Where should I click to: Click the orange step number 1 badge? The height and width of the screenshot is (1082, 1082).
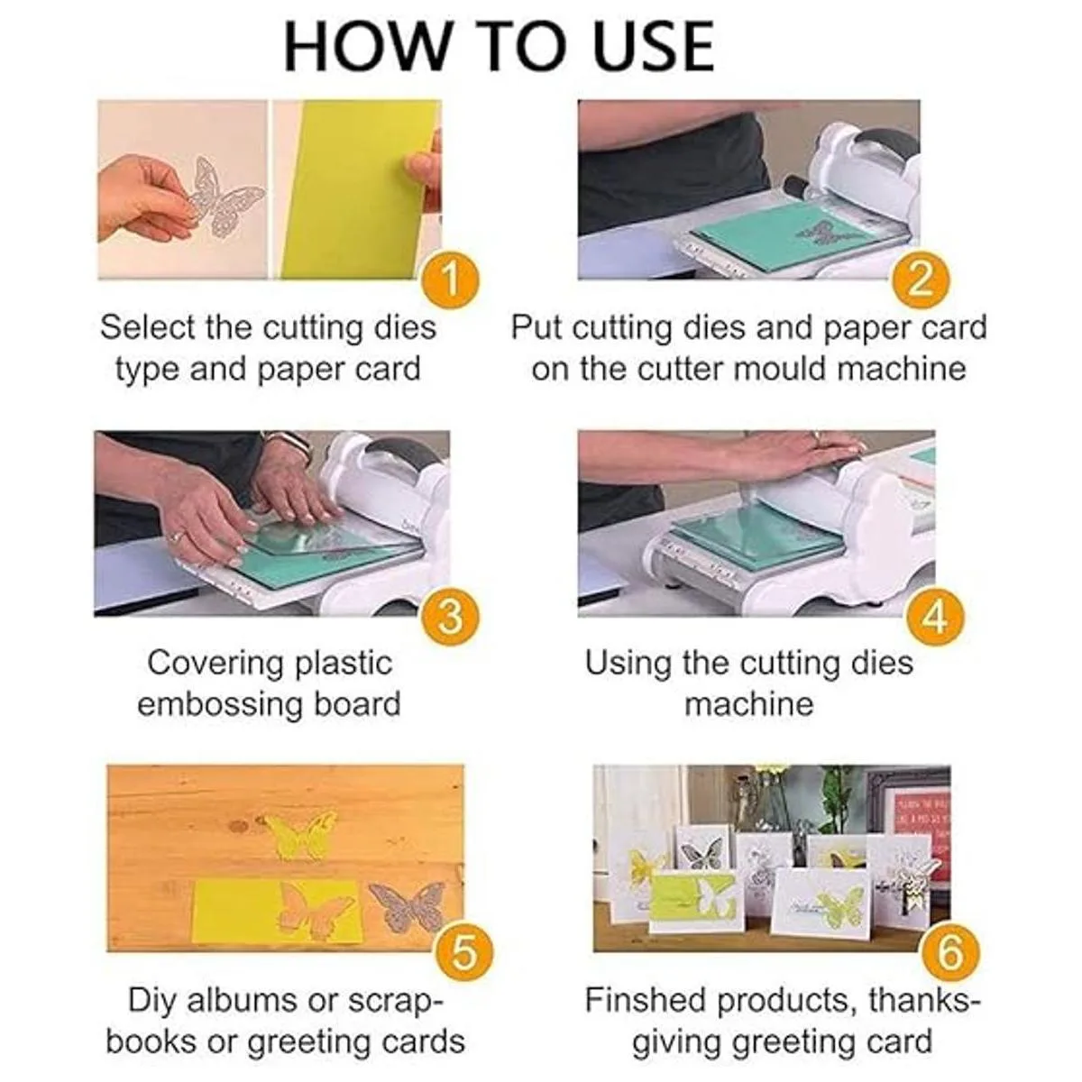[x=450, y=279]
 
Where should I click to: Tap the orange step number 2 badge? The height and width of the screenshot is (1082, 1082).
[x=921, y=279]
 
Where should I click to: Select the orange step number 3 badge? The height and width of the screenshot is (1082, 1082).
[x=450, y=617]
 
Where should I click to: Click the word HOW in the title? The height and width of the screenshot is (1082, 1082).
[x=362, y=46]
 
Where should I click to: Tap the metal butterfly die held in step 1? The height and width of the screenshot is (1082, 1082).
[x=225, y=197]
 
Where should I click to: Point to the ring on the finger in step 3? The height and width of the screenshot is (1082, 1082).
[x=177, y=536]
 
